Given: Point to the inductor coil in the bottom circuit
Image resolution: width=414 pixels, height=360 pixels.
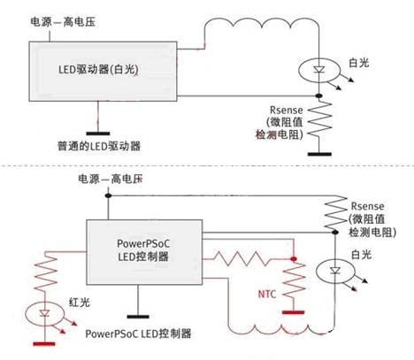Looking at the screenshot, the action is pos(281,330).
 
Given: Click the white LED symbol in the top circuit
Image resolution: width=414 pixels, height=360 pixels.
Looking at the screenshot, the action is pos(319,70).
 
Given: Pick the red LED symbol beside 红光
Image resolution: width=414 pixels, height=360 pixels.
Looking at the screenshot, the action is pos(44,313).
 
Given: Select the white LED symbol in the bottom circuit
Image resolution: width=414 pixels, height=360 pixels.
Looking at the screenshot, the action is pos(335,271).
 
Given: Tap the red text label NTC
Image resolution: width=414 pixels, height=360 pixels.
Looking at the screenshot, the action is pos(267,294).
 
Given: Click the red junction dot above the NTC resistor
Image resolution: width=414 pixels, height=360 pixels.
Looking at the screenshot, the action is pos(294,259).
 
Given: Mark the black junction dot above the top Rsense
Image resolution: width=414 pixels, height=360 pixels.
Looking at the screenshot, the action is pos(318,96).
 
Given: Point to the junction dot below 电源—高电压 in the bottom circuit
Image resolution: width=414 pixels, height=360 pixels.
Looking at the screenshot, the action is pos(108,195).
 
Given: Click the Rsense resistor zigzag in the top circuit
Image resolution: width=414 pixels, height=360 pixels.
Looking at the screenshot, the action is pos(319,119).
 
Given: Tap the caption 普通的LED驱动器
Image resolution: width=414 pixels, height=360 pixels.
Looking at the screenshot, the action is pos(99,146).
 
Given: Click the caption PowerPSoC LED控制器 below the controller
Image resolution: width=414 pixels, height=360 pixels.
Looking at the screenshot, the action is pos(138,333).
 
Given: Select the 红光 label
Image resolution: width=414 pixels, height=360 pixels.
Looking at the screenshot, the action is pos(80,303).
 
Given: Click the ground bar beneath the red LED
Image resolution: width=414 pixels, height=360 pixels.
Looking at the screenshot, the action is pos(44,344).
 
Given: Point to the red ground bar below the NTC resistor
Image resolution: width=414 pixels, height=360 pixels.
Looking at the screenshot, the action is pos(294,312).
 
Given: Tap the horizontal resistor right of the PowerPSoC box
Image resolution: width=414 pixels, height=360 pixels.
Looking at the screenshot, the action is pos(242,258).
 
